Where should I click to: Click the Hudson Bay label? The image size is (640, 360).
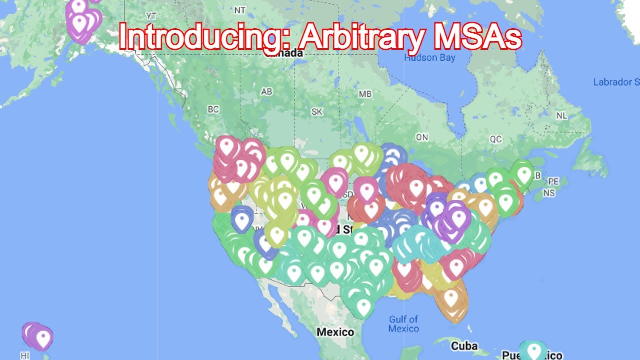click(430, 58)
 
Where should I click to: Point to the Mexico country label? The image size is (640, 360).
click(335, 332)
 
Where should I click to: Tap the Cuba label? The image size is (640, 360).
click(464, 346)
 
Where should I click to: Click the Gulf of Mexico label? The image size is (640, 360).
click(403, 324)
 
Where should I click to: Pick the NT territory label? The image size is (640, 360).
click(240, 10)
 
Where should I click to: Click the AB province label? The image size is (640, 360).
click(267, 92)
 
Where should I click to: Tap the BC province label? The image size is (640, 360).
click(213, 110)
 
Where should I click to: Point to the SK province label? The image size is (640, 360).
click(317, 112)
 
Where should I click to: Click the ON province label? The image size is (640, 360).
click(422, 137)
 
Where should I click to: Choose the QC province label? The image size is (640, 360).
click(496, 140)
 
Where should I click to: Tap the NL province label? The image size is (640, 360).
click(562, 116)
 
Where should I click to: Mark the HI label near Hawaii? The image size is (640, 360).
click(25, 356)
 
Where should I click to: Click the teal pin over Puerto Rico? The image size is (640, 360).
click(534, 350)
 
